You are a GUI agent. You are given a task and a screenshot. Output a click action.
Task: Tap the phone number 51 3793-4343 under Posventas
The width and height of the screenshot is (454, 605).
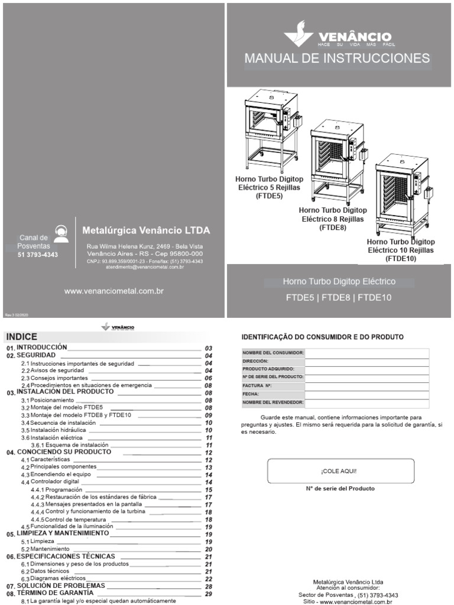[x=38, y=255]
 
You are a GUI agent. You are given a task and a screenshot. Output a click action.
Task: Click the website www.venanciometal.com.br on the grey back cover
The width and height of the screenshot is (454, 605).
[x=113, y=291]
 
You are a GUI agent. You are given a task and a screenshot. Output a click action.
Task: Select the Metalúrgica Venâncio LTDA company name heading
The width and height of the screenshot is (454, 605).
[x=145, y=230]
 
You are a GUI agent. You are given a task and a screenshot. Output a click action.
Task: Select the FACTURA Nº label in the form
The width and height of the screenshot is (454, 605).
[x=258, y=385]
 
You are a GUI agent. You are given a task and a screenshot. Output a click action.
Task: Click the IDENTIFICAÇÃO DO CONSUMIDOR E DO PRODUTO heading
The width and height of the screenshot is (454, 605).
[x=323, y=337]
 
